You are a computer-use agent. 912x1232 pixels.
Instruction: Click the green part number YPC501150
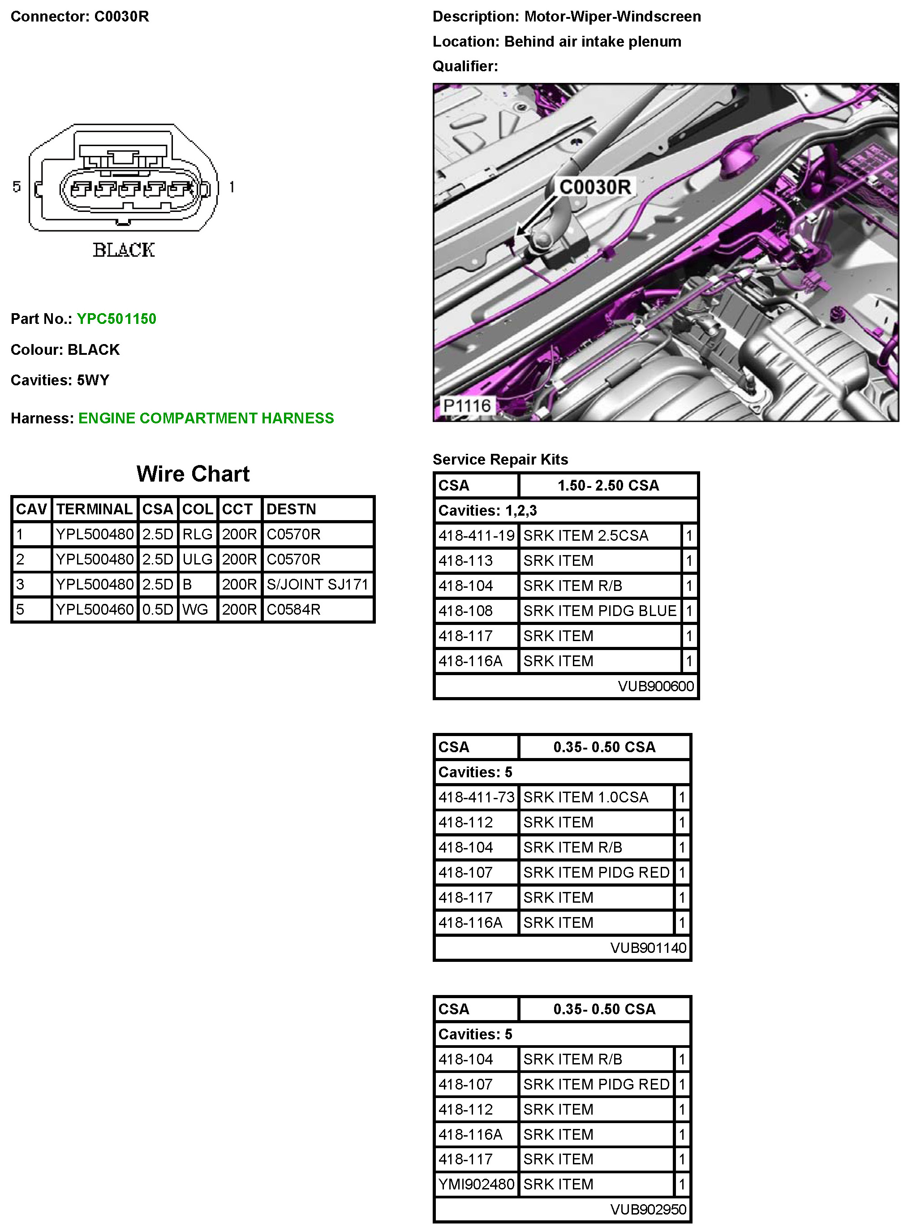pos(116,319)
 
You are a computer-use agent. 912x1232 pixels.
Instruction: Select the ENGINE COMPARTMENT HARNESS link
pos(206,418)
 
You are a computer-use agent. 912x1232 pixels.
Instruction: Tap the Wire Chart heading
pos(193,474)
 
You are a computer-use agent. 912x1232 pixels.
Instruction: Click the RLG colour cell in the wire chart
pos(197,534)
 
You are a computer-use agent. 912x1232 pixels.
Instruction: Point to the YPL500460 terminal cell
pos(95,609)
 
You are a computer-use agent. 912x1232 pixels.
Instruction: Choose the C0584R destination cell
pos(293,609)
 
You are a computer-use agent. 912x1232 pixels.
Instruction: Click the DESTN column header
pos(291,509)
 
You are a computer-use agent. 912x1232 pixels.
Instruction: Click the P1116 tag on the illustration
pos(466,406)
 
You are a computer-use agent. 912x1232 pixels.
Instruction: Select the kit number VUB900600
pos(655,686)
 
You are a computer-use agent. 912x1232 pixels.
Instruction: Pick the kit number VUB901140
pos(648,948)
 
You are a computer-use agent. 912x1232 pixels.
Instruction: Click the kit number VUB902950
pos(648,1209)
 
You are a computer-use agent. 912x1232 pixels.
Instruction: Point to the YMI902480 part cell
pos(476,1184)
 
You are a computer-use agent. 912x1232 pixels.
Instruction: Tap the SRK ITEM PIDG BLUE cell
pos(599,611)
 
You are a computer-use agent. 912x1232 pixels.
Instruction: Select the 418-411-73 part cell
pos(476,797)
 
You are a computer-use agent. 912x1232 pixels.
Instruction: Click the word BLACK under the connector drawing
pos(124,250)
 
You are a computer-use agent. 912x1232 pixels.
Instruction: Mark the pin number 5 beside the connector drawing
pos(17,187)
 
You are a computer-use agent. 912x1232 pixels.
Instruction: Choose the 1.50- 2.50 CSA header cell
pos(608,486)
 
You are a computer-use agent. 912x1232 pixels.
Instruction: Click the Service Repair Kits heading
pos(500,459)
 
